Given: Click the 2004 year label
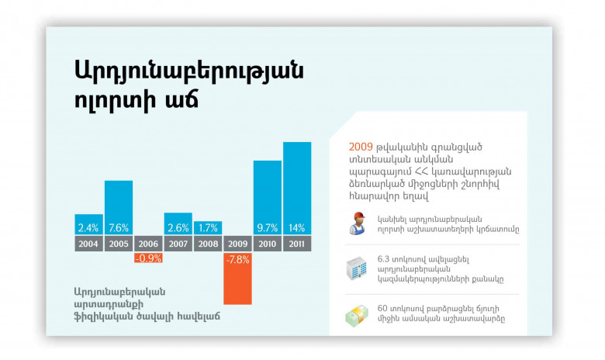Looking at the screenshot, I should coord(89,244).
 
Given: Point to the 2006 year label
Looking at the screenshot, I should coord(148,244).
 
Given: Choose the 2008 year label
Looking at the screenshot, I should coord(208,244).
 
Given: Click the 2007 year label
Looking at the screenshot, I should coord(178,244).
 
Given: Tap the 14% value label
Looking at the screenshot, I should coord(297,228).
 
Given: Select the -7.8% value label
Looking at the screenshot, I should coord(238,259).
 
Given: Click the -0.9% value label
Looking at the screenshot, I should coord(148,258).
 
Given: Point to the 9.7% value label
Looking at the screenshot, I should coord(268,228).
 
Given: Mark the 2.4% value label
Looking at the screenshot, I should coord(89,228).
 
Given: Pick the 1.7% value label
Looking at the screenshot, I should coord(208,228).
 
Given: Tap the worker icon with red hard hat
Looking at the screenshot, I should coord(357,223).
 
